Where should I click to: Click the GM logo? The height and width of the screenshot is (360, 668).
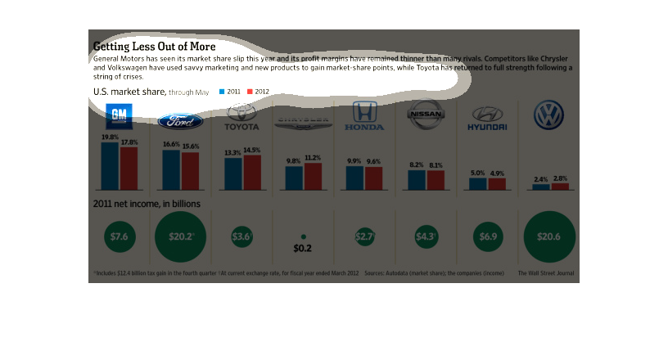pyautogui.click(x=120, y=115)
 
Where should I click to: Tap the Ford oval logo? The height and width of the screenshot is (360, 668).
pyautogui.click(x=180, y=122)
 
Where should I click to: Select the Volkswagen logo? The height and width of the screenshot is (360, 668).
pyautogui.click(x=548, y=115)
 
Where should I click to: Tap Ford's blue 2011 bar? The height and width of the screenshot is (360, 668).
pyautogui.click(x=170, y=169)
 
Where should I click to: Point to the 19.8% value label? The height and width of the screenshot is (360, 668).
pyautogui.click(x=110, y=137)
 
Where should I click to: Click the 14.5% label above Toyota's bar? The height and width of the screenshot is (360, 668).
pyautogui.click(x=251, y=151)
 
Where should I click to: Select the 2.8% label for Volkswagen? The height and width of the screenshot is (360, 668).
pyautogui.click(x=559, y=178)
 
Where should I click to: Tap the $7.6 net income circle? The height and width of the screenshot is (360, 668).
pyautogui.click(x=119, y=236)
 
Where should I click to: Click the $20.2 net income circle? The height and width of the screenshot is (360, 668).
pyautogui.click(x=180, y=236)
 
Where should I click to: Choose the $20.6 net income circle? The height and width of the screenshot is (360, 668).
pyautogui.click(x=548, y=236)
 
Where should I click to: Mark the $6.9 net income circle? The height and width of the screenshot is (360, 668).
pyautogui.click(x=487, y=236)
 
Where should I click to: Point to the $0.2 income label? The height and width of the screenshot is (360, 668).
pyautogui.click(x=303, y=248)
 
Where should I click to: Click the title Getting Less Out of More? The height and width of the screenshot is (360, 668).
pyautogui.click(x=154, y=47)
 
